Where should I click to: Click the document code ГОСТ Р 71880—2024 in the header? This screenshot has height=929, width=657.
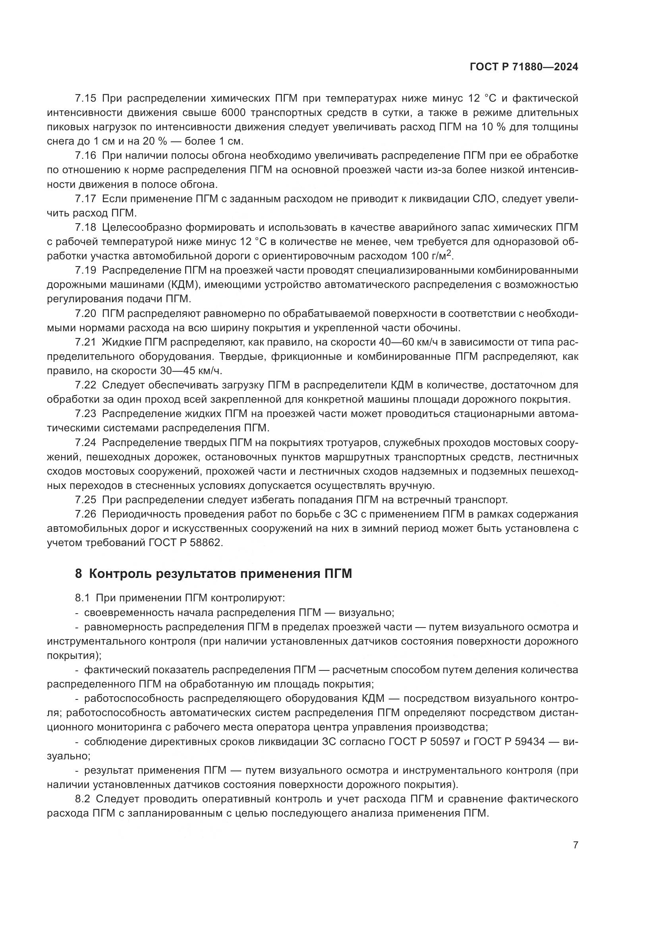pos(524,67)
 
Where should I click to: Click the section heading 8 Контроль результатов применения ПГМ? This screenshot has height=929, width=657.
pos(213,574)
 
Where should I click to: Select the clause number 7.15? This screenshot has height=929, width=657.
pos(85,99)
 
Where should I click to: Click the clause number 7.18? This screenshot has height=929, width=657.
pos(85,228)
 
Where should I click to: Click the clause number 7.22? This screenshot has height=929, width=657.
pos(85,385)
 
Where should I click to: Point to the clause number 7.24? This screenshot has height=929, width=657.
pos(85,442)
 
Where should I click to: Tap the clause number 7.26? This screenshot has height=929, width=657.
pos(85,514)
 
